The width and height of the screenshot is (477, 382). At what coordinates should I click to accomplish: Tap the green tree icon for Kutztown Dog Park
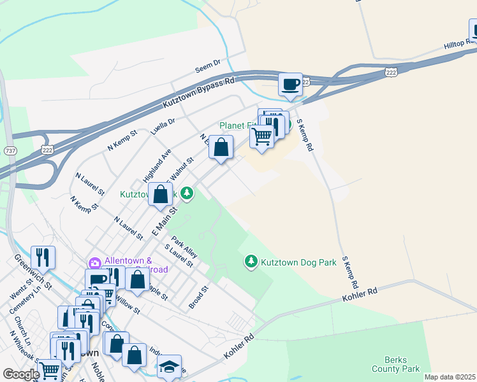click(251, 262)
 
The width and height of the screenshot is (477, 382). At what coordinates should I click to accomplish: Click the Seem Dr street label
click(207, 64)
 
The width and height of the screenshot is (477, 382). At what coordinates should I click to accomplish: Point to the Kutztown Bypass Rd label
click(198, 93)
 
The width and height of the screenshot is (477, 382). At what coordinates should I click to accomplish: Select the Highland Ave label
click(158, 164)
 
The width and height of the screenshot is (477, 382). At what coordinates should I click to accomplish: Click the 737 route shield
click(10, 150)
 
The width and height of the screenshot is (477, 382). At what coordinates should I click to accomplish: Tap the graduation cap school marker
click(169, 367)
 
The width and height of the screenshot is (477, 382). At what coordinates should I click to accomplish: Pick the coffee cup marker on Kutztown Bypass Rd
click(291, 84)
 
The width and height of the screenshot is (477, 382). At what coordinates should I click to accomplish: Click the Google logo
click(21, 374)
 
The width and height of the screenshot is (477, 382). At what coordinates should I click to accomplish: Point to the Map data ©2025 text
click(450, 377)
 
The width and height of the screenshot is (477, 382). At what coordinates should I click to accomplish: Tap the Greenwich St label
click(32, 273)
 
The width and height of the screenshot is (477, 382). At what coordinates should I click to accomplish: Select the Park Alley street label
click(185, 248)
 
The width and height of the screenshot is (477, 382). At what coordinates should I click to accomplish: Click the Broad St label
click(199, 297)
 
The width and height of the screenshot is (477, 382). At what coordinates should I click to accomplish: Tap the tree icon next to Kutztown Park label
click(187, 193)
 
